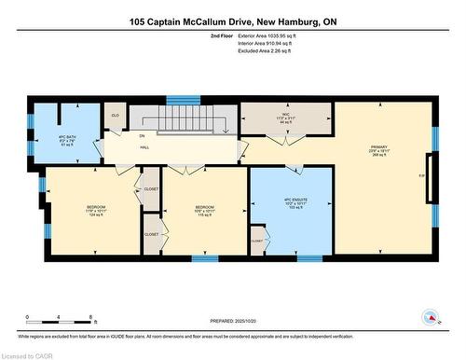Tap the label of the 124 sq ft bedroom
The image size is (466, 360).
pyautogui.click(x=96, y=210)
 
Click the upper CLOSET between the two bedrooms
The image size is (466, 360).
pyautogui.click(x=151, y=189)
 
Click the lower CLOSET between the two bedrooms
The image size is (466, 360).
pyautogui.click(x=151, y=234)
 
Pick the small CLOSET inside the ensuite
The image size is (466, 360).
pyautogui.click(x=258, y=241)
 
